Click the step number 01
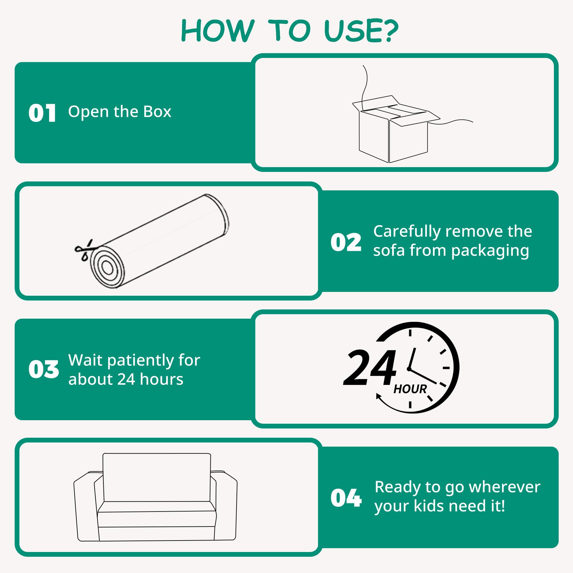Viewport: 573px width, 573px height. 42,113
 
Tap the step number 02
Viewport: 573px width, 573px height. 346,242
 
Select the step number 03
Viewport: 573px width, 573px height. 44,370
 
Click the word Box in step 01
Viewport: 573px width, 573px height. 157,112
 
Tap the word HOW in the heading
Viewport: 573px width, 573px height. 218,31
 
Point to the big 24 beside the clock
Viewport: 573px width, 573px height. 370,368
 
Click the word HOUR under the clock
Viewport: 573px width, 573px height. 410,389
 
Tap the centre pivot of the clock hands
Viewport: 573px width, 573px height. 409,369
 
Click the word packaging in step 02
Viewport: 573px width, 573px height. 490,251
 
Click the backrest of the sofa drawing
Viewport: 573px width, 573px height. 157,478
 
